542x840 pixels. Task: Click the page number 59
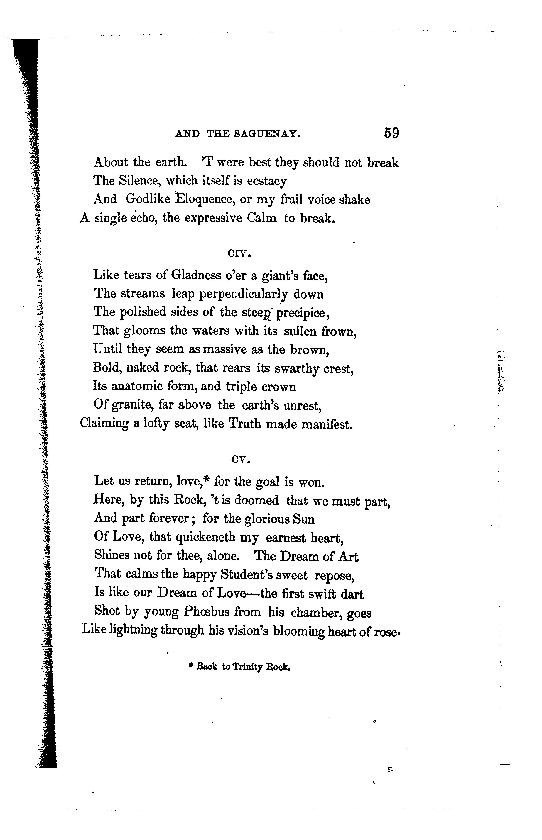(x=391, y=133)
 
